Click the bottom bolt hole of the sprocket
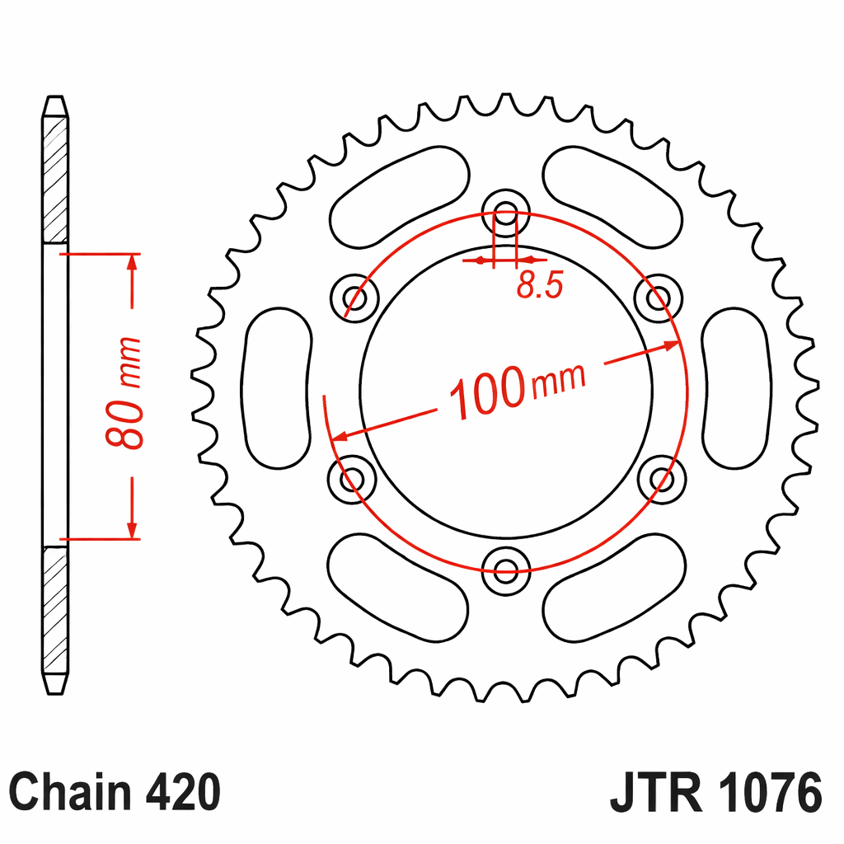coord(506,571)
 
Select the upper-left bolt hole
coord(354,298)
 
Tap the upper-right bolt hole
coord(659,298)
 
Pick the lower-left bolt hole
coord(352,479)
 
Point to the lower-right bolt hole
coord(662,479)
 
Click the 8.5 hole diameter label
coord(540,284)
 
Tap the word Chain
coord(71,792)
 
